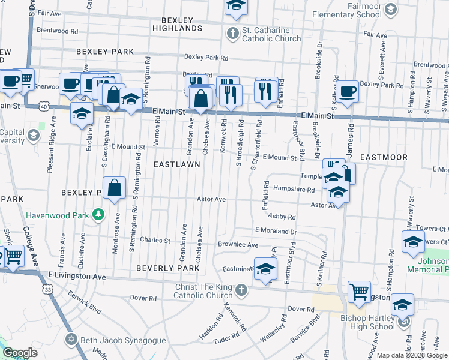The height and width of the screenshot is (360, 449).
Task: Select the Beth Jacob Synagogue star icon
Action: click(x=72, y=340)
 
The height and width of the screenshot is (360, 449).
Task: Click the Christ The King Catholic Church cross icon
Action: click(x=240, y=291)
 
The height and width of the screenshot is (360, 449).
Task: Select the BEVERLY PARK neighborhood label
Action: click(x=167, y=267)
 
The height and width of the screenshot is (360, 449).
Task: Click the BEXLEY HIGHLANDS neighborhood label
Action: click(x=177, y=24)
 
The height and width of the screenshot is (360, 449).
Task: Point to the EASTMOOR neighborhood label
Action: click(x=384, y=157)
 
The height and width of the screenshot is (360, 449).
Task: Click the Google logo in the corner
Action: click(x=20, y=353)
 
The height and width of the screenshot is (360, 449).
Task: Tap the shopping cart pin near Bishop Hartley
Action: click(x=359, y=292)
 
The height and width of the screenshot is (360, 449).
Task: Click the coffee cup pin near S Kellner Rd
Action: click(x=348, y=92)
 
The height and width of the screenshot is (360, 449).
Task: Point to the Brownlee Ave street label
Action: click(x=238, y=245)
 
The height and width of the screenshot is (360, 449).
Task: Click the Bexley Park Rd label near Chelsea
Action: click(x=206, y=58)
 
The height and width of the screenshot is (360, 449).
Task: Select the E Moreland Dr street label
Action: click(x=276, y=230)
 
